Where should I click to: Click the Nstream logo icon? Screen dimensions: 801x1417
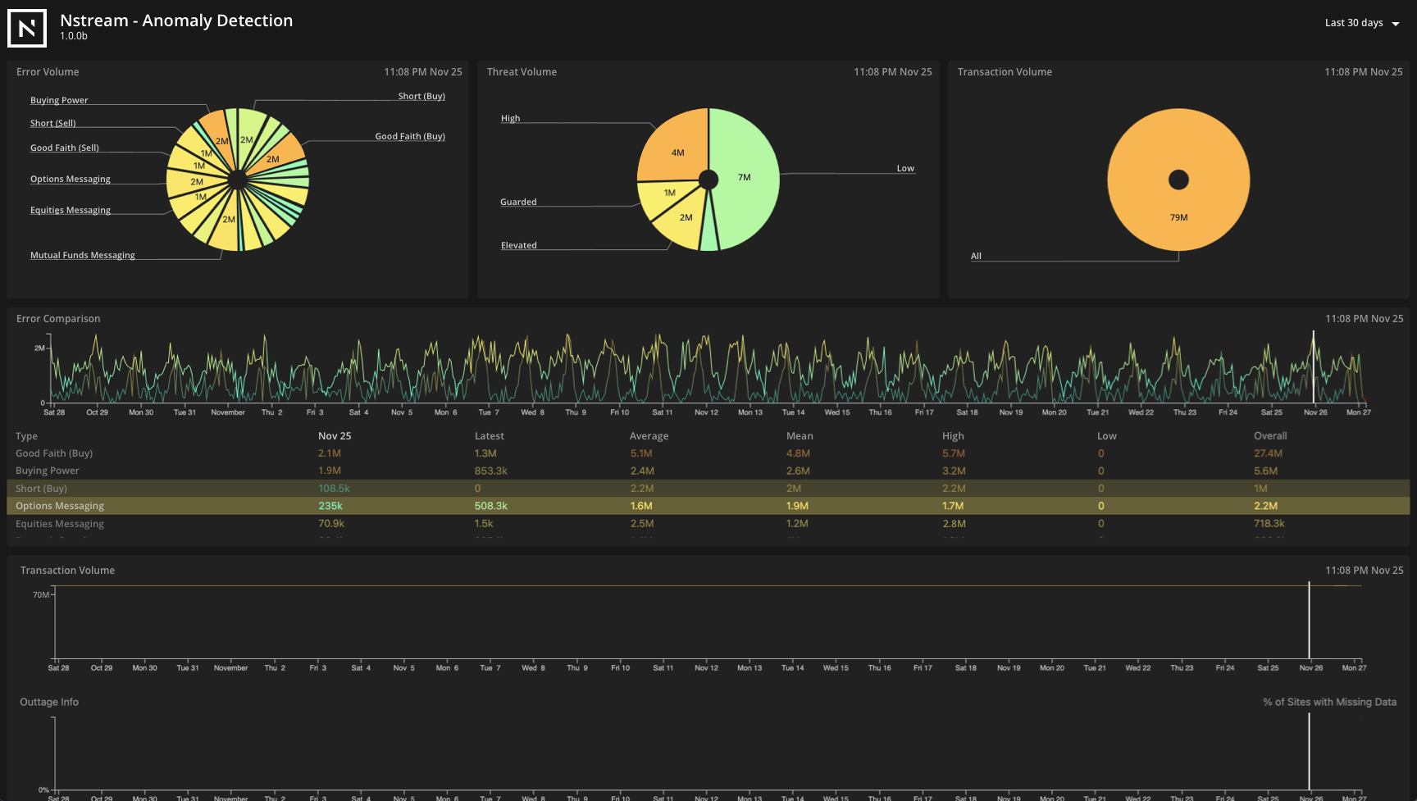tap(27, 29)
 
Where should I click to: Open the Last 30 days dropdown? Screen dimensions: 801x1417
tap(1362, 23)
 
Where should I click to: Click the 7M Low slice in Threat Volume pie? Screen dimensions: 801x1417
tap(744, 177)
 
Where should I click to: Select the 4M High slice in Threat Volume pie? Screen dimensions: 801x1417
tap(677, 152)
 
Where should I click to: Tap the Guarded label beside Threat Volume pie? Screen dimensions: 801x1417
tap(518, 202)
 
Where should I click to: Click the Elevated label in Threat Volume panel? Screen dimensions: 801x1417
tap(518, 245)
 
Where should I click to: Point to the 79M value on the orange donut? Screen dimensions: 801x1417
tap(1178, 217)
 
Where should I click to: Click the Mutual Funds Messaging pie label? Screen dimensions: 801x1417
tap(83, 255)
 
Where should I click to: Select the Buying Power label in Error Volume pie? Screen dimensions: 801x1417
tap(59, 100)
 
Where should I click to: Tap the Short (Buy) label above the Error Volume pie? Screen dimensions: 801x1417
tap(421, 96)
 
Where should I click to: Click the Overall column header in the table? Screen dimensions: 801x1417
tap(1269, 436)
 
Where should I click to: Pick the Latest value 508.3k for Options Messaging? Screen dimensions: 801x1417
tap(490, 506)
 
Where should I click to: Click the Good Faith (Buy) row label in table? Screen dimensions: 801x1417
tap(54, 453)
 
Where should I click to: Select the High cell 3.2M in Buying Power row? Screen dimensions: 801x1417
tap(954, 471)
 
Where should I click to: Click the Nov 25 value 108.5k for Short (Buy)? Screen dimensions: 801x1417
tap(334, 489)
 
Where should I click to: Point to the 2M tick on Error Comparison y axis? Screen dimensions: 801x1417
tap(39, 348)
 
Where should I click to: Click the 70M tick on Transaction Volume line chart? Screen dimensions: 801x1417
tap(41, 594)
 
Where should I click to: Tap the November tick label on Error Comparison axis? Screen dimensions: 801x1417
tap(228, 412)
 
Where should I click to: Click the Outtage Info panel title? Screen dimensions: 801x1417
tap(49, 702)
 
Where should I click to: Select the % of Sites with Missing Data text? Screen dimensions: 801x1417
tap(1329, 702)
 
